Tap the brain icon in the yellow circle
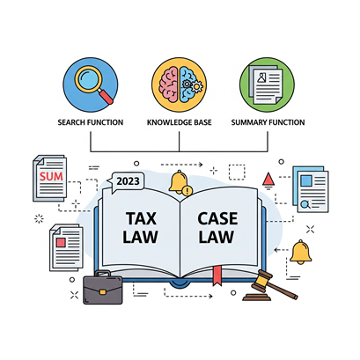[x=180, y=84]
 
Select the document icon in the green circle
[x=265, y=84]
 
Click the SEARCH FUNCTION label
[x=91, y=122]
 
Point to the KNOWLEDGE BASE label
[x=180, y=122]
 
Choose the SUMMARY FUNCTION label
[x=268, y=122]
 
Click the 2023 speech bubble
[x=126, y=181]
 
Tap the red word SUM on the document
[x=51, y=176]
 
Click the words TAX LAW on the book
[x=141, y=228]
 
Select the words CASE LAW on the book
[x=217, y=228]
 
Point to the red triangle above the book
[x=268, y=179]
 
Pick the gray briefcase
[x=102, y=288]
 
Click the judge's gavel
[x=270, y=286]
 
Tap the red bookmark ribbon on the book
[x=217, y=276]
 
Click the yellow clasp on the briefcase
[x=103, y=292]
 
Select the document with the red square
[x=66, y=248]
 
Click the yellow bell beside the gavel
[x=300, y=252]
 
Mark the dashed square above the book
[x=237, y=173]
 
